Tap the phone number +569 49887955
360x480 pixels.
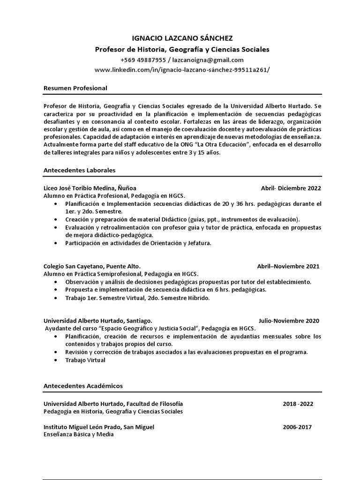[x=143, y=60]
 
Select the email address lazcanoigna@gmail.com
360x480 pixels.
[x=208, y=60]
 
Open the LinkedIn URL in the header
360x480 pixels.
[x=182, y=69]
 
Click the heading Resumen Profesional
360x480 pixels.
[x=75, y=88]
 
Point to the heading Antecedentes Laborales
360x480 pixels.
[x=79, y=170]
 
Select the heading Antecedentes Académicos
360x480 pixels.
[x=83, y=386]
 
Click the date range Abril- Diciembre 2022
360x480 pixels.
[x=291, y=188]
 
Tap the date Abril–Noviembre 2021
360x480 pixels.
[x=288, y=266]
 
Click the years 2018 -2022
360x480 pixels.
[x=298, y=404]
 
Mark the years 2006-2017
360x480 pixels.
[x=297, y=427]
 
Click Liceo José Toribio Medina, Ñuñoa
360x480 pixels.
[x=90, y=188]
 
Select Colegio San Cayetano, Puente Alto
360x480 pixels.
[x=92, y=266]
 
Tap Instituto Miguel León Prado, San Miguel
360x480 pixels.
[x=99, y=427]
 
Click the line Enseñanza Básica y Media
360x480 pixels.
[x=78, y=435]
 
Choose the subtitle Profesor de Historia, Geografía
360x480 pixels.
[x=182, y=49]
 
